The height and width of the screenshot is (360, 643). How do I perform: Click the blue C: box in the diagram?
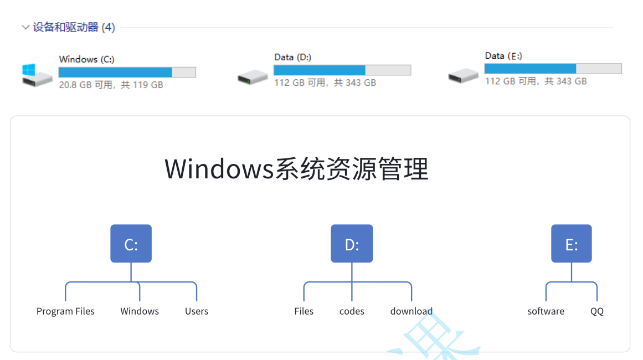(131, 244)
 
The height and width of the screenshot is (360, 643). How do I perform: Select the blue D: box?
(352, 244)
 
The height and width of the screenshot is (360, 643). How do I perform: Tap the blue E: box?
(571, 244)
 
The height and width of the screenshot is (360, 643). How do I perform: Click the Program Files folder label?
(65, 311)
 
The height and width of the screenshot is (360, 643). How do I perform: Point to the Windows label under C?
(140, 311)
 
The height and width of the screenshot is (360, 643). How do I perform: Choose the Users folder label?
(197, 311)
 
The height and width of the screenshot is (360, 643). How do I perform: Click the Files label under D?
(304, 311)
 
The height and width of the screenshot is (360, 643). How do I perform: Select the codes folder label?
(352, 311)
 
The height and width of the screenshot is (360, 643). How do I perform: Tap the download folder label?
(411, 311)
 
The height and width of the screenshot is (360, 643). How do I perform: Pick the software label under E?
(546, 311)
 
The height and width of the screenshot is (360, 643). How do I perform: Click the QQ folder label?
(597, 311)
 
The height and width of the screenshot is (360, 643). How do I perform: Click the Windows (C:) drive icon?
(37, 75)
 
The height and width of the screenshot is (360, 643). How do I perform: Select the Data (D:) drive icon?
(253, 77)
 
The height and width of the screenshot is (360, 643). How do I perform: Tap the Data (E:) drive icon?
(463, 75)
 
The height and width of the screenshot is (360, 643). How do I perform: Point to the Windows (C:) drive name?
(86, 59)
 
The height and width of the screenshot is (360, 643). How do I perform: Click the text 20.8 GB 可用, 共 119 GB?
(111, 85)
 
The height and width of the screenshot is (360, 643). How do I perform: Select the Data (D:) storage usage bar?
(342, 70)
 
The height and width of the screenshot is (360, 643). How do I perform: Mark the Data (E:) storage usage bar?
(553, 69)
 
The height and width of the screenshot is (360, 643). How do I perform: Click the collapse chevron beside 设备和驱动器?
(25, 27)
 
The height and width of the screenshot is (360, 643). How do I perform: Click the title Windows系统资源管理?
(297, 169)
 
